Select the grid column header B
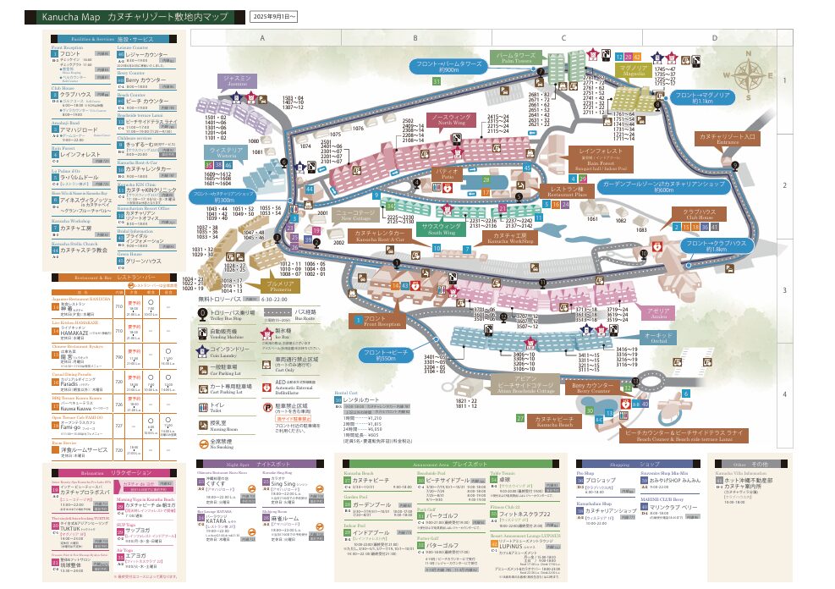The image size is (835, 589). coord(415,38)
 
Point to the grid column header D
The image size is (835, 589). coord(715,38)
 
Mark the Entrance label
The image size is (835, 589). coord(727,138)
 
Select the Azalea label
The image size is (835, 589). coord(658,312)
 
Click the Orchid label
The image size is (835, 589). coord(658,337)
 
